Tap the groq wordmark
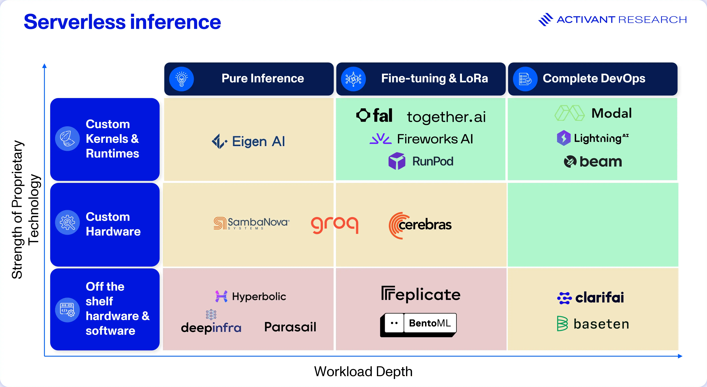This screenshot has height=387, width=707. (335, 225)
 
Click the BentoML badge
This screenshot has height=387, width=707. (418, 325)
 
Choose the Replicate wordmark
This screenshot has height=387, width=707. (421, 294)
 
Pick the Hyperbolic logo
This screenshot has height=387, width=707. (251, 296)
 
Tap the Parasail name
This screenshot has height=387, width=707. (290, 327)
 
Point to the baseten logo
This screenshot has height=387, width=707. (593, 324)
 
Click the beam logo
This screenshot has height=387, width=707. (593, 162)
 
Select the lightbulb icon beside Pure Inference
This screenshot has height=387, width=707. (181, 79)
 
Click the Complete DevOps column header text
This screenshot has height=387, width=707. (594, 78)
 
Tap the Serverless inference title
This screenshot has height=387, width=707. (122, 22)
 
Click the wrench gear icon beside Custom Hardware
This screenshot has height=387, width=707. (67, 222)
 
